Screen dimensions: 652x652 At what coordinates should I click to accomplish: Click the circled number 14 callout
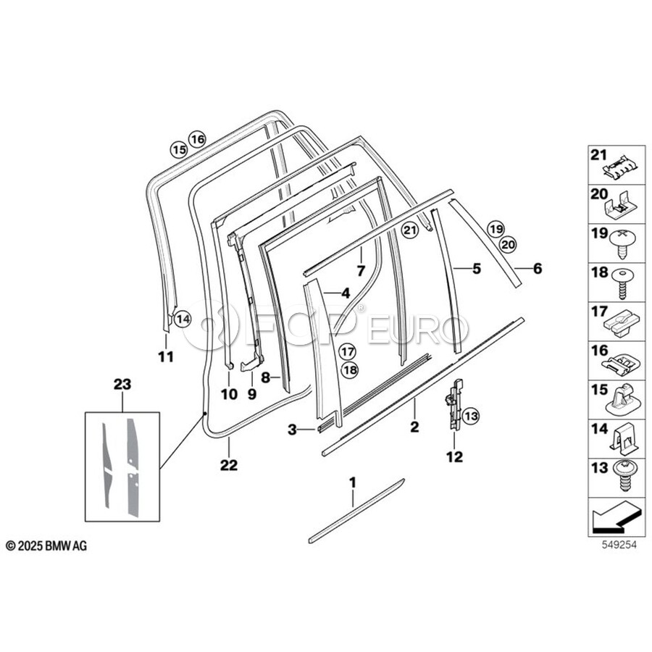(182, 319)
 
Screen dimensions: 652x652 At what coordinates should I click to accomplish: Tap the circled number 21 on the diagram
(409, 230)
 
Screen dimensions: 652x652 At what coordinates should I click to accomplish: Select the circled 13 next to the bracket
(471, 415)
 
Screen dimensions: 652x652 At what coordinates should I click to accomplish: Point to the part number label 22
(229, 465)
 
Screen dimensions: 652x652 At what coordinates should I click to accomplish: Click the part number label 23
(122, 384)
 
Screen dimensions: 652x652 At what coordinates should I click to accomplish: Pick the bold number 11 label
(165, 356)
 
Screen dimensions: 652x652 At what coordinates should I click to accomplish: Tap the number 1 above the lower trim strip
(353, 482)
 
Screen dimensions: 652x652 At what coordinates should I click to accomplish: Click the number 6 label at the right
(538, 269)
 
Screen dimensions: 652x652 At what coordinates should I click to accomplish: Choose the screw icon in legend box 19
(623, 243)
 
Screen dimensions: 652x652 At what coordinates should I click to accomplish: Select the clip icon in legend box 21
(619, 167)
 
